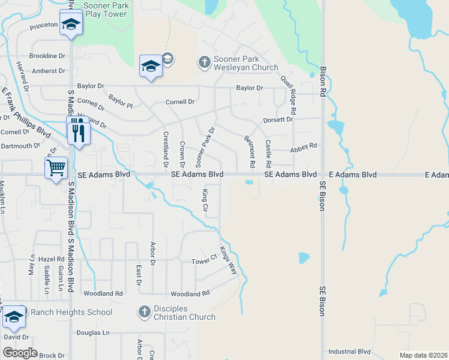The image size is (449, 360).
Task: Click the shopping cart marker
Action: [56, 166]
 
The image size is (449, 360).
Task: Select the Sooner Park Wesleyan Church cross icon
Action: [204, 62]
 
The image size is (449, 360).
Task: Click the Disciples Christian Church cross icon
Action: [144, 311]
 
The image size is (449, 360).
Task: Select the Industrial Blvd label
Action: [350, 352]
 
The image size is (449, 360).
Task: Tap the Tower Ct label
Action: [204, 261]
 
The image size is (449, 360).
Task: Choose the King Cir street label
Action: [205, 201]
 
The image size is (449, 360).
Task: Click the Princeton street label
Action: [43, 25]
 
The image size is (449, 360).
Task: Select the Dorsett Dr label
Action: [278, 119]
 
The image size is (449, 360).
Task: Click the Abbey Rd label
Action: [303, 146]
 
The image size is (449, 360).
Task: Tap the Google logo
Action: [20, 353]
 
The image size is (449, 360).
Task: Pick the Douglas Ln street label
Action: [93, 332]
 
